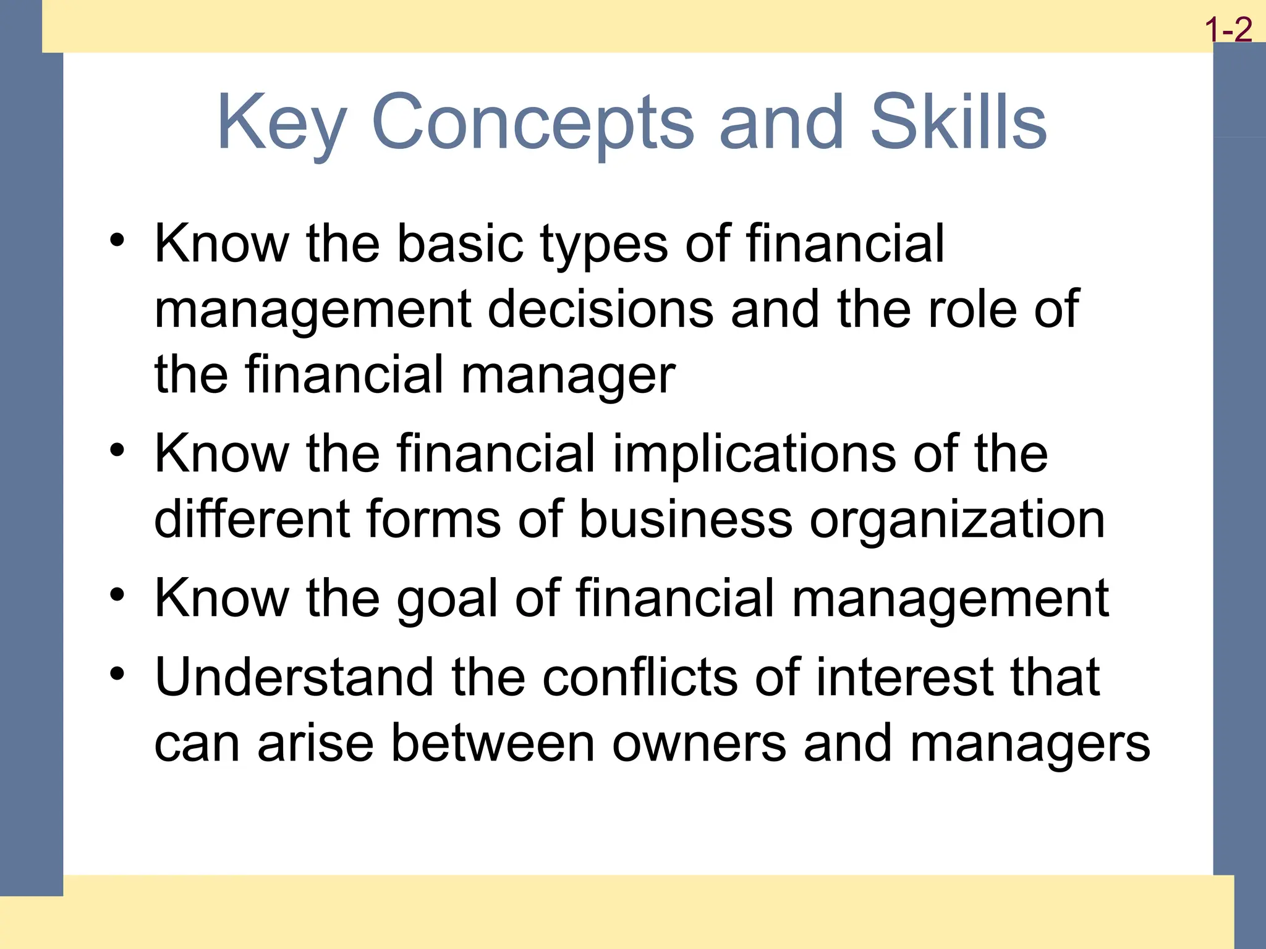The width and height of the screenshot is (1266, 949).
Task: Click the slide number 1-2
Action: point(1229,30)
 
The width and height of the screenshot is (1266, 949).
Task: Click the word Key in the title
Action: point(281,122)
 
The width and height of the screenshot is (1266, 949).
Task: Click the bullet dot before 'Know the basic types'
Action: point(117,240)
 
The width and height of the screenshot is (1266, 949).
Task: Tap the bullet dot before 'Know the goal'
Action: point(117,594)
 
